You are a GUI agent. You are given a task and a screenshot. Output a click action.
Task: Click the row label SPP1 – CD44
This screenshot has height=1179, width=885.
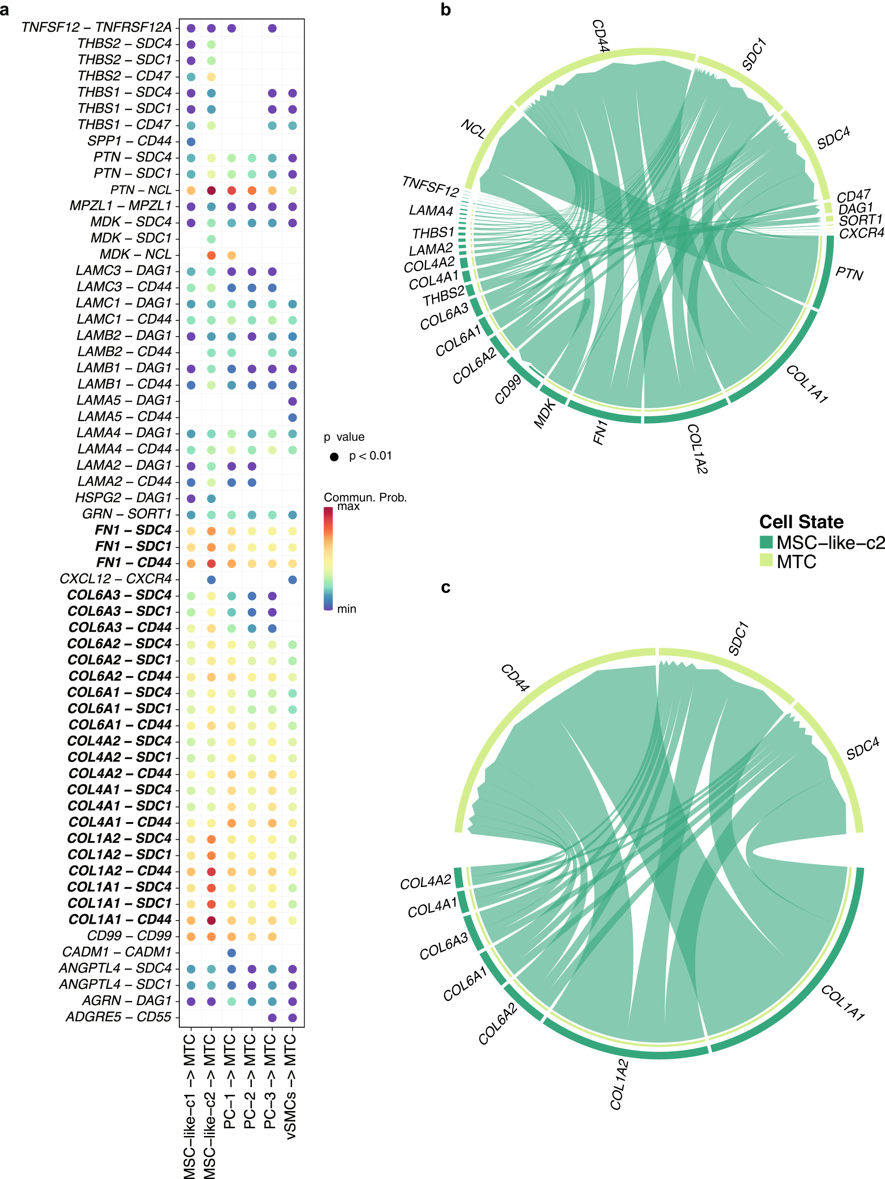click(129, 141)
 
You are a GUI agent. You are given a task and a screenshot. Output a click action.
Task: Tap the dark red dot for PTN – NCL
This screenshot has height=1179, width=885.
click(212, 190)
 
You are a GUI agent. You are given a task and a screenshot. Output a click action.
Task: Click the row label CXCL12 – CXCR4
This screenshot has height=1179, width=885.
click(116, 579)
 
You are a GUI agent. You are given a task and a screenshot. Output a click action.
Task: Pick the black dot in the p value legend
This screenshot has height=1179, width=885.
click(334, 457)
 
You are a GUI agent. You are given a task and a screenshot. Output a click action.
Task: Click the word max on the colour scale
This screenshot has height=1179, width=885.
click(348, 506)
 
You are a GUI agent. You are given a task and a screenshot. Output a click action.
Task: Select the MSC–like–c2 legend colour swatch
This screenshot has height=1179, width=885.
click(766, 542)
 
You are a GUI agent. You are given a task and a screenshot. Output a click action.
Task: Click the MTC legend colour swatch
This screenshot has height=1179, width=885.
click(766, 560)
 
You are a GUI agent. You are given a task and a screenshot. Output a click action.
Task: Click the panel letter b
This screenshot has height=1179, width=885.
click(446, 10)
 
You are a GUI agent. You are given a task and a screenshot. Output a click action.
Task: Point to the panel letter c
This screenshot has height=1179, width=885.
click(446, 587)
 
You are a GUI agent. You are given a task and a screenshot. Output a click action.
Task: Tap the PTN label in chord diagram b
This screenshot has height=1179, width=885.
click(849, 273)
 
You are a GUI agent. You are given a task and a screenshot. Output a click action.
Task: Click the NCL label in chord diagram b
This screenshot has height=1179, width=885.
click(473, 129)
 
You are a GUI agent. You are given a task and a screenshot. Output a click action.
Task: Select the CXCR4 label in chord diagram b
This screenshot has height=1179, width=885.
click(861, 233)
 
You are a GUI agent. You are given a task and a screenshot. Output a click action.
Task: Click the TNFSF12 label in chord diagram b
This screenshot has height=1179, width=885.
click(430, 186)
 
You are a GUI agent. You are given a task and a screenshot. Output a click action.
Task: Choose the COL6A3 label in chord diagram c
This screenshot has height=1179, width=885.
click(443, 946)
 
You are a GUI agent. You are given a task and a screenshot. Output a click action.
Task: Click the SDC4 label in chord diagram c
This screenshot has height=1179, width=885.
click(863, 749)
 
